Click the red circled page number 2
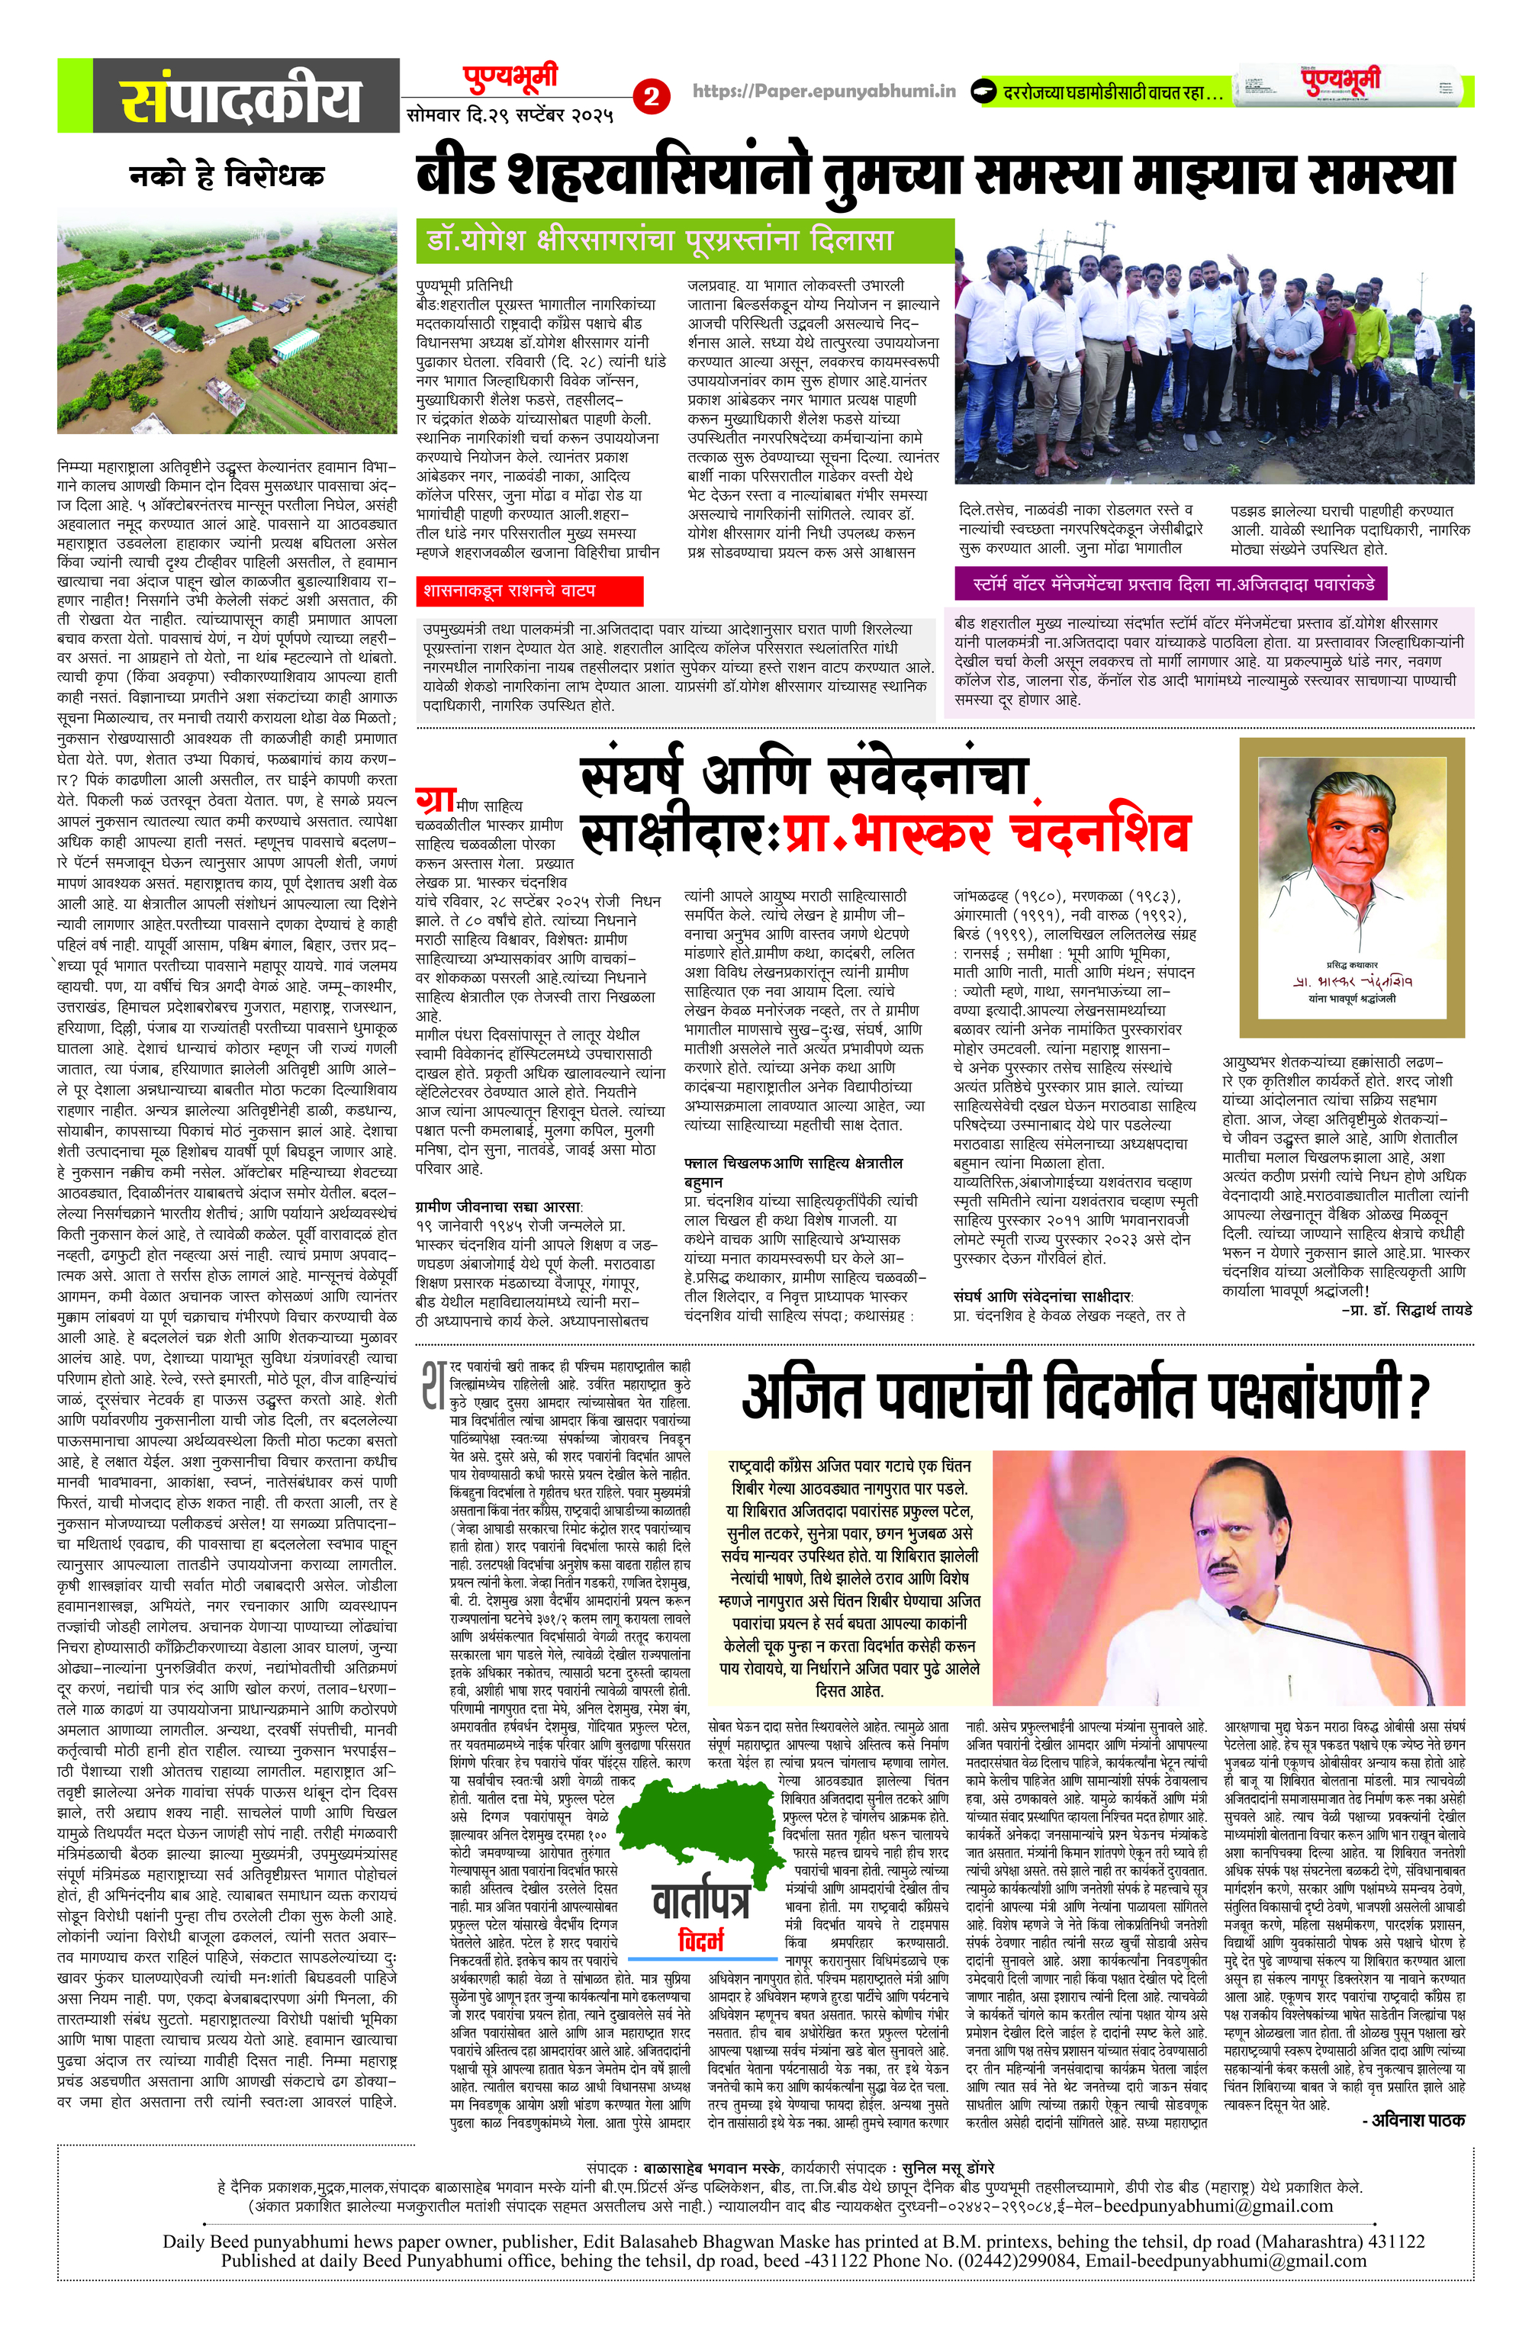click(651, 95)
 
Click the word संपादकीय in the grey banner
click(240, 99)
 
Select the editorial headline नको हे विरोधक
click(227, 177)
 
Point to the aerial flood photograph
click(227, 328)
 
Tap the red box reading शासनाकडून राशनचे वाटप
click(529, 591)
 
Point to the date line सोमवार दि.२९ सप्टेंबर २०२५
click(510, 116)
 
